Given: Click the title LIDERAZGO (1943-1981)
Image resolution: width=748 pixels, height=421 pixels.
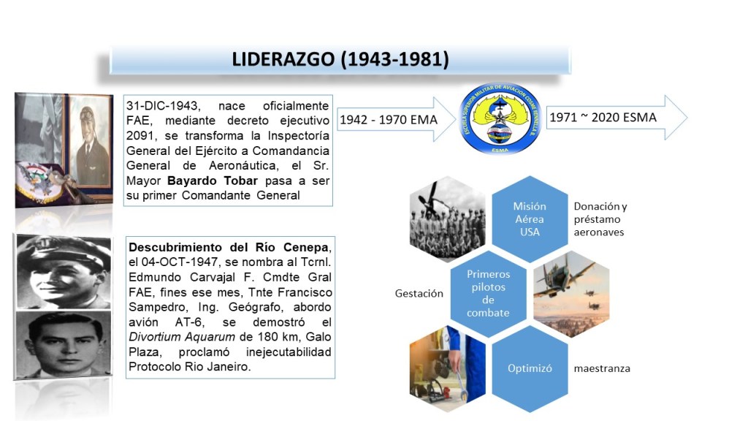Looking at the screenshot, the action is (340, 59).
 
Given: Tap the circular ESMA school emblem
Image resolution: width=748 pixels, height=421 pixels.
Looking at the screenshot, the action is (500, 118).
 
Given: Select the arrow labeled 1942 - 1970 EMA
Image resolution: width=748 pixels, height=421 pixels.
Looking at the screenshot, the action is (397, 119).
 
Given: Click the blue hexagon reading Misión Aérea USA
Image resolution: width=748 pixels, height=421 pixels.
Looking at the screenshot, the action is (530, 219).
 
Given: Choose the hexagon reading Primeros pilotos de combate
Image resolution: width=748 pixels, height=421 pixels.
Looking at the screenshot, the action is (488, 294).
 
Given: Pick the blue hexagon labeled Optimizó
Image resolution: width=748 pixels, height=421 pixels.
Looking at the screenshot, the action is (530, 368).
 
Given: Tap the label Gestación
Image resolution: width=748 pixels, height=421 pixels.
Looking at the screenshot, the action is (419, 294).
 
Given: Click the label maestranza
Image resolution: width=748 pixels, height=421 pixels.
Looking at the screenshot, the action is (602, 368).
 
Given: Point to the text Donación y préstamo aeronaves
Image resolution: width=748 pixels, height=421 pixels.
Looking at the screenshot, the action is (600, 219).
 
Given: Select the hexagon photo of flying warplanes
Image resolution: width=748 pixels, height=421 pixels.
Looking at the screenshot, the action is (571, 294).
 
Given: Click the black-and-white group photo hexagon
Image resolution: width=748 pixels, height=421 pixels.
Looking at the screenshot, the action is (447, 219).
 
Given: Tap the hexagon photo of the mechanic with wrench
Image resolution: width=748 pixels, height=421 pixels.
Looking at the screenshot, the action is (447, 368).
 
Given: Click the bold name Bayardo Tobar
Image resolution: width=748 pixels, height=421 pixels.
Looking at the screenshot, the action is (213, 181).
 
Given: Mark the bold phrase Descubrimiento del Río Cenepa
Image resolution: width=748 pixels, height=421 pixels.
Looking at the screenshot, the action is (229, 247).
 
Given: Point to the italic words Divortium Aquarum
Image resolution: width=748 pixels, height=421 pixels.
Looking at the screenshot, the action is (182, 337).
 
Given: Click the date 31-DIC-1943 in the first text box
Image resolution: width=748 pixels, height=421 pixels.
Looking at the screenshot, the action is (163, 106).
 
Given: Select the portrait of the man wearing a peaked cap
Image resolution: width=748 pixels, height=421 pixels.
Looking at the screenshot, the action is (64, 272).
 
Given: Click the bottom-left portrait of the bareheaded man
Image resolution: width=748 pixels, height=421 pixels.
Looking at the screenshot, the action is (63, 344).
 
